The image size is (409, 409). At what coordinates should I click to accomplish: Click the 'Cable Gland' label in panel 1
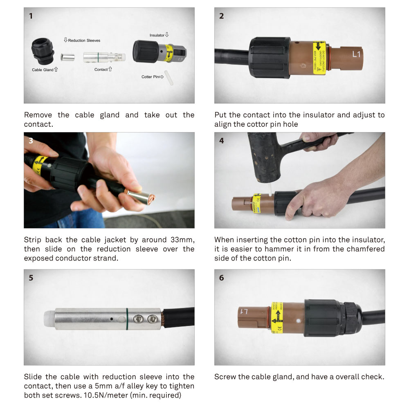click(43, 70)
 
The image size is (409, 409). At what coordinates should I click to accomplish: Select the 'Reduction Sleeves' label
click(84, 40)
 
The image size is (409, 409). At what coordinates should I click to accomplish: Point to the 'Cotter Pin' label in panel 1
click(151, 76)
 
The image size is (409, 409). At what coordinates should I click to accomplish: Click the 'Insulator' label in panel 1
click(157, 36)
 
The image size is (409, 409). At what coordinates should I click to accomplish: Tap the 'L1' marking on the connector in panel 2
click(357, 54)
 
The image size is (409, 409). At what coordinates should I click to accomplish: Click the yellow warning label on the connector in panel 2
click(319, 57)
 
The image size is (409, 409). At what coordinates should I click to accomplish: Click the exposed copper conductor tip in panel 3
click(150, 200)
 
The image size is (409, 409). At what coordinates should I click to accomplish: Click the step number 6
click(221, 278)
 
